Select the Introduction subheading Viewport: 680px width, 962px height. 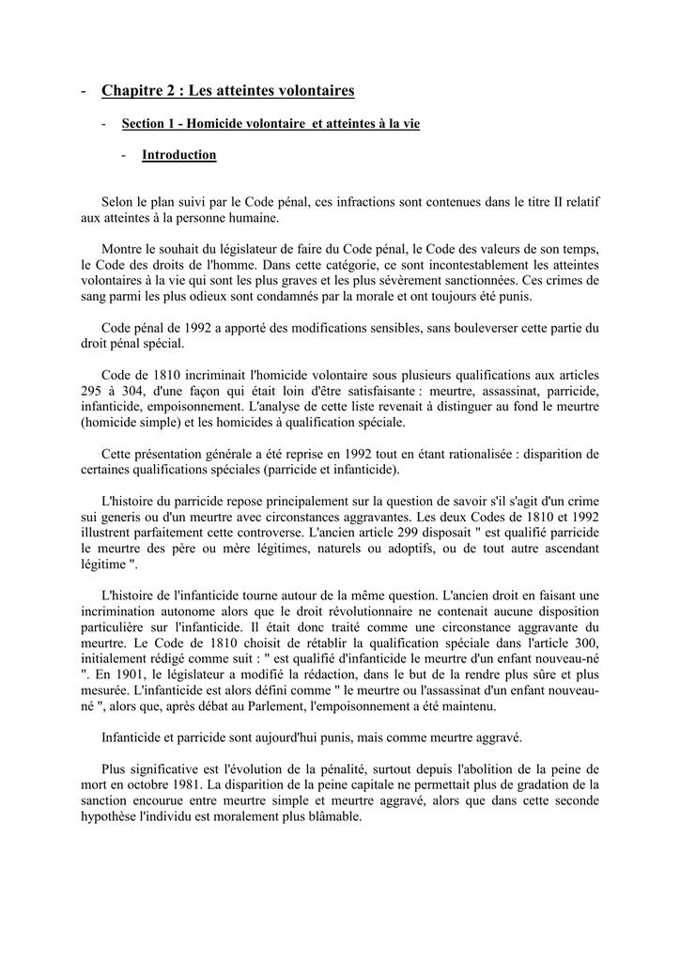click(178, 155)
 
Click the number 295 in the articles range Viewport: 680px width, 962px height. click(92, 390)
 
